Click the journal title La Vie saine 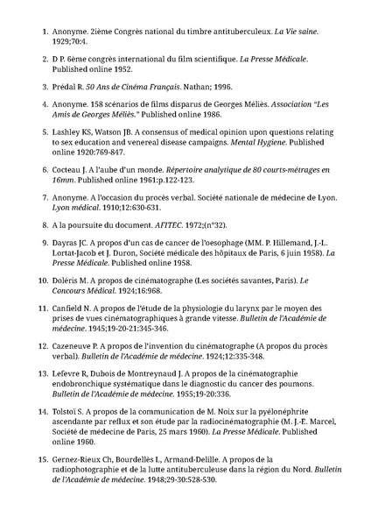pos(297,31)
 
